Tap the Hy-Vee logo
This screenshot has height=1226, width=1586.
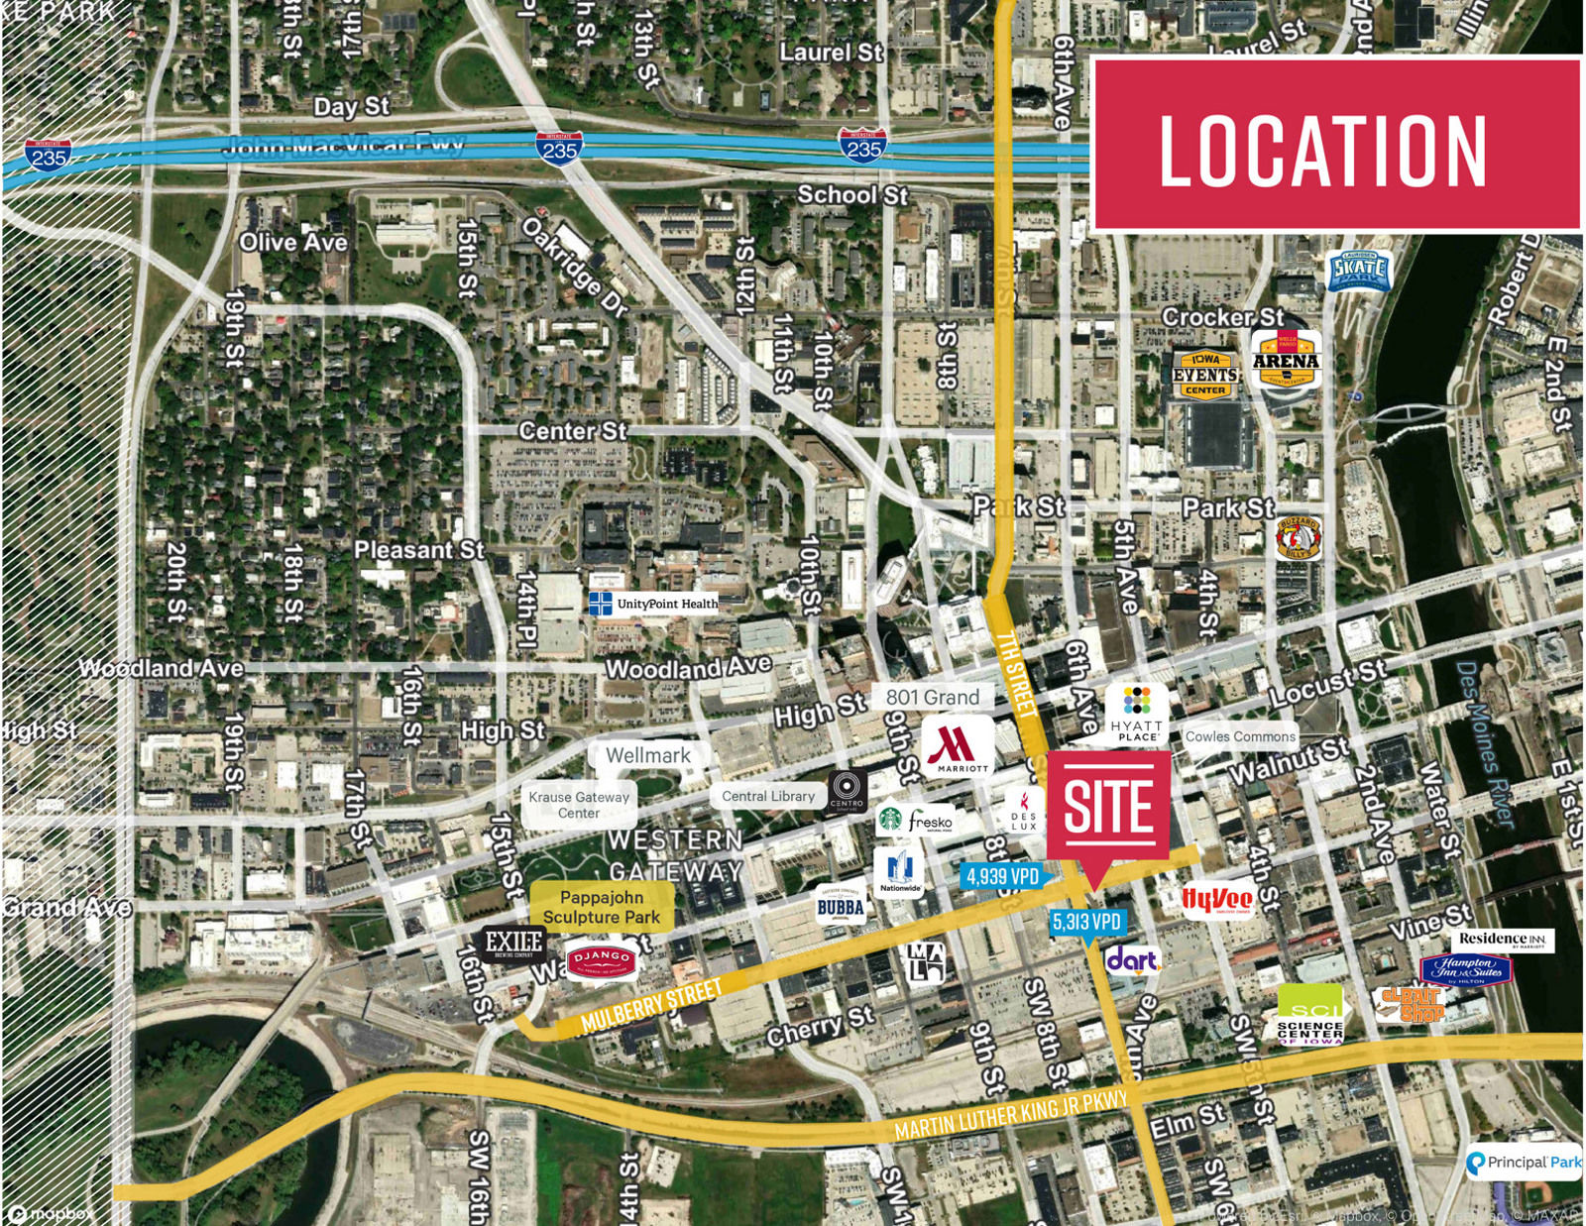pyautogui.click(x=1217, y=899)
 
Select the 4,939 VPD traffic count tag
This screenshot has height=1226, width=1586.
pyautogui.click(x=1002, y=876)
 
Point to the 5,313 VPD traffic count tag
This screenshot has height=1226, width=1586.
pyautogui.click(x=1086, y=922)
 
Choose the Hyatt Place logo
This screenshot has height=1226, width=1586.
pyautogui.click(x=1137, y=713)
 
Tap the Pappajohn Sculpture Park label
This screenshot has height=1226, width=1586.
pyautogui.click(x=601, y=907)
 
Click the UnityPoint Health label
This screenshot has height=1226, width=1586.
pyautogui.click(x=653, y=604)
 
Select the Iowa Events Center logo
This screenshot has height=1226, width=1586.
pyautogui.click(x=1205, y=374)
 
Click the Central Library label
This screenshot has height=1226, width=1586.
pyautogui.click(x=768, y=796)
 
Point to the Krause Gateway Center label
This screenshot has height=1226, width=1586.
pyautogui.click(x=579, y=804)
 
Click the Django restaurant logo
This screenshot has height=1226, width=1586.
pyautogui.click(x=602, y=959)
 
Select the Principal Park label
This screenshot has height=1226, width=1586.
pyautogui.click(x=1525, y=1162)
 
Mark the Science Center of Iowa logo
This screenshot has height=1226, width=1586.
pyautogui.click(x=1309, y=1016)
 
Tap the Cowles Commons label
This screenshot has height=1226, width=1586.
pyautogui.click(x=1240, y=736)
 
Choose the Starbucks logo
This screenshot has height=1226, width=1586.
pyautogui.click(x=890, y=820)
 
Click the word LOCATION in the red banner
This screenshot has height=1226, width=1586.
pyautogui.click(x=1323, y=151)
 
